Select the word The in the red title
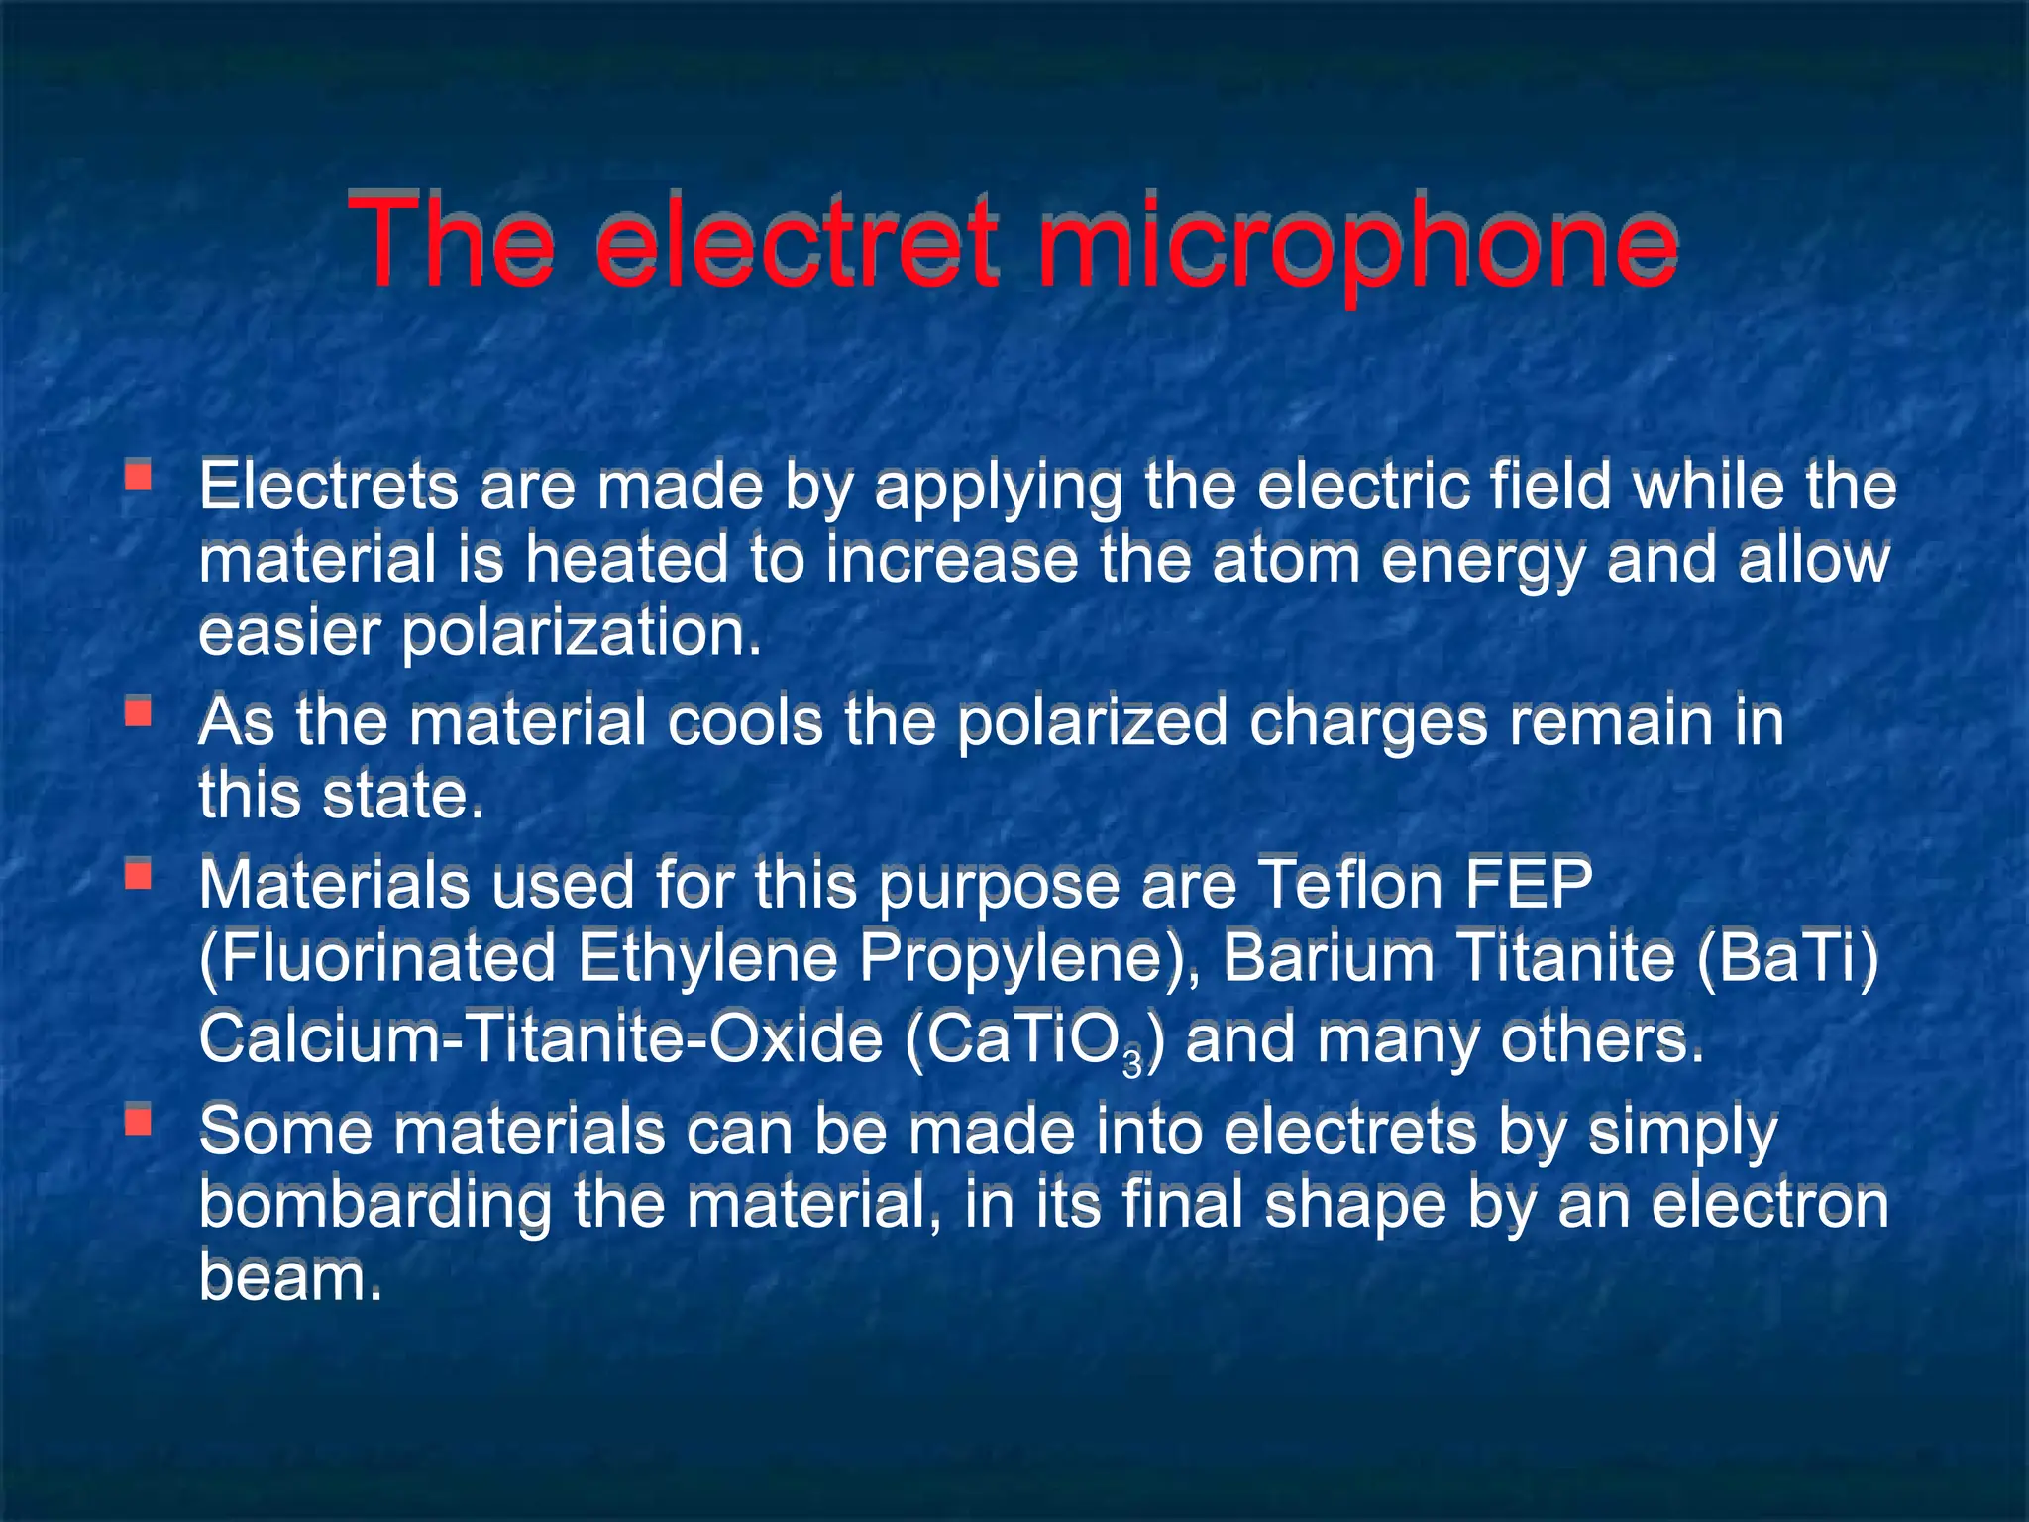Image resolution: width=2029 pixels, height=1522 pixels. tap(451, 243)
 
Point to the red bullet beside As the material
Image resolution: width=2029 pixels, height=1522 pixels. tap(138, 711)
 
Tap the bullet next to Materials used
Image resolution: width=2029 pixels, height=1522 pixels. tap(138, 874)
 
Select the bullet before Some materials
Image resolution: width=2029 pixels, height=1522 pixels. tap(138, 1120)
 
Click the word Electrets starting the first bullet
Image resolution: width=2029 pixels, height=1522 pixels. tap(328, 488)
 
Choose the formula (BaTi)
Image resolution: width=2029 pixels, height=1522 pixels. tap(1787, 959)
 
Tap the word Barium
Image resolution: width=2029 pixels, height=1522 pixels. tap(1329, 959)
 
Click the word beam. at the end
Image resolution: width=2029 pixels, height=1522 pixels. tap(289, 1277)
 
